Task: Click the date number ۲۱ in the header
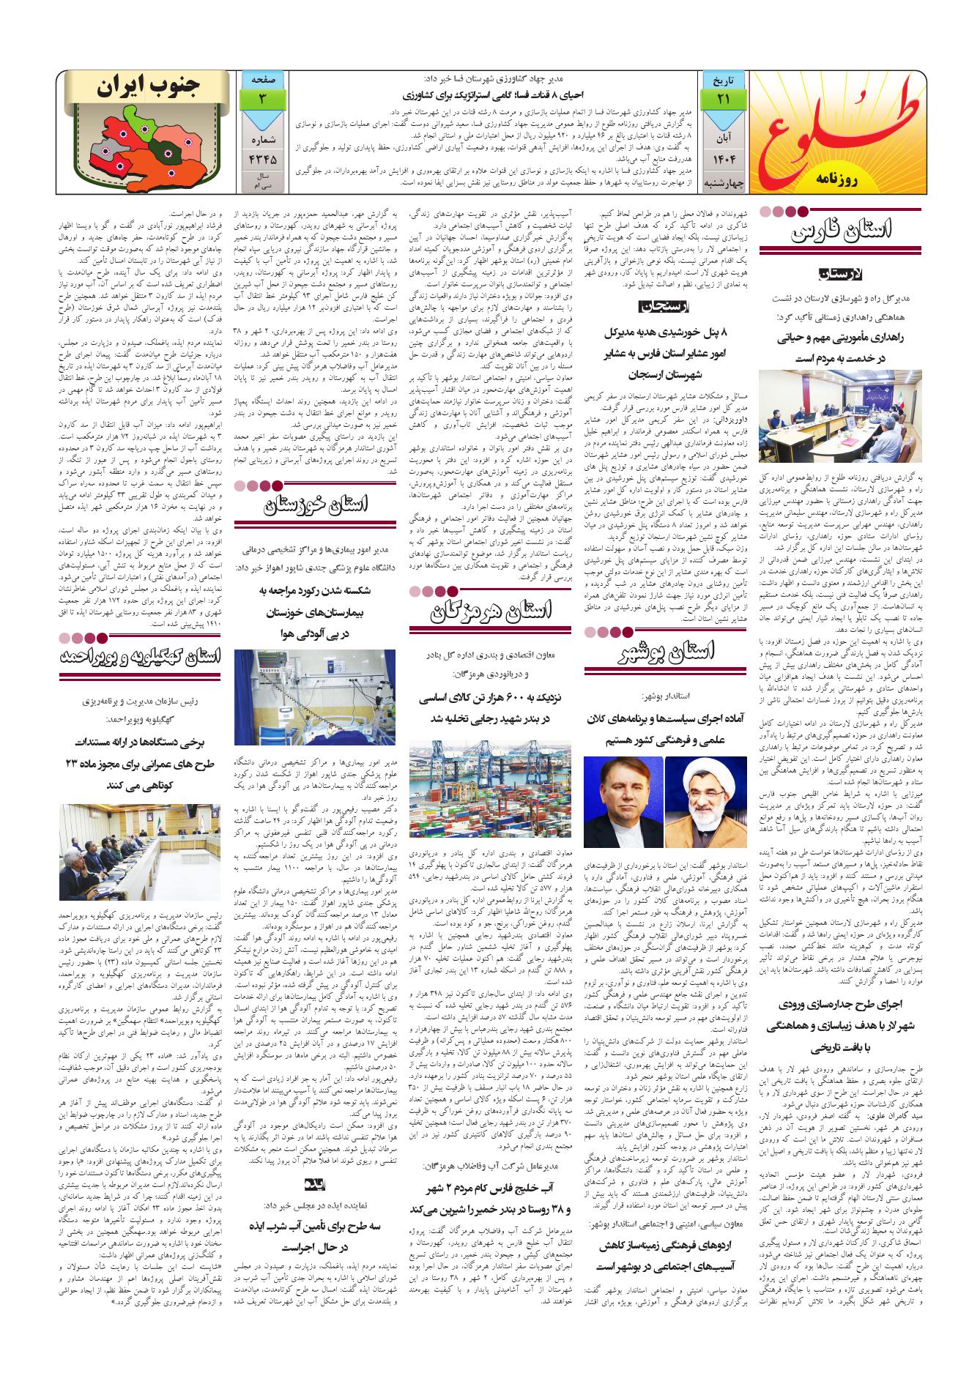723,99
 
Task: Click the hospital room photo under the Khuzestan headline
315,697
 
